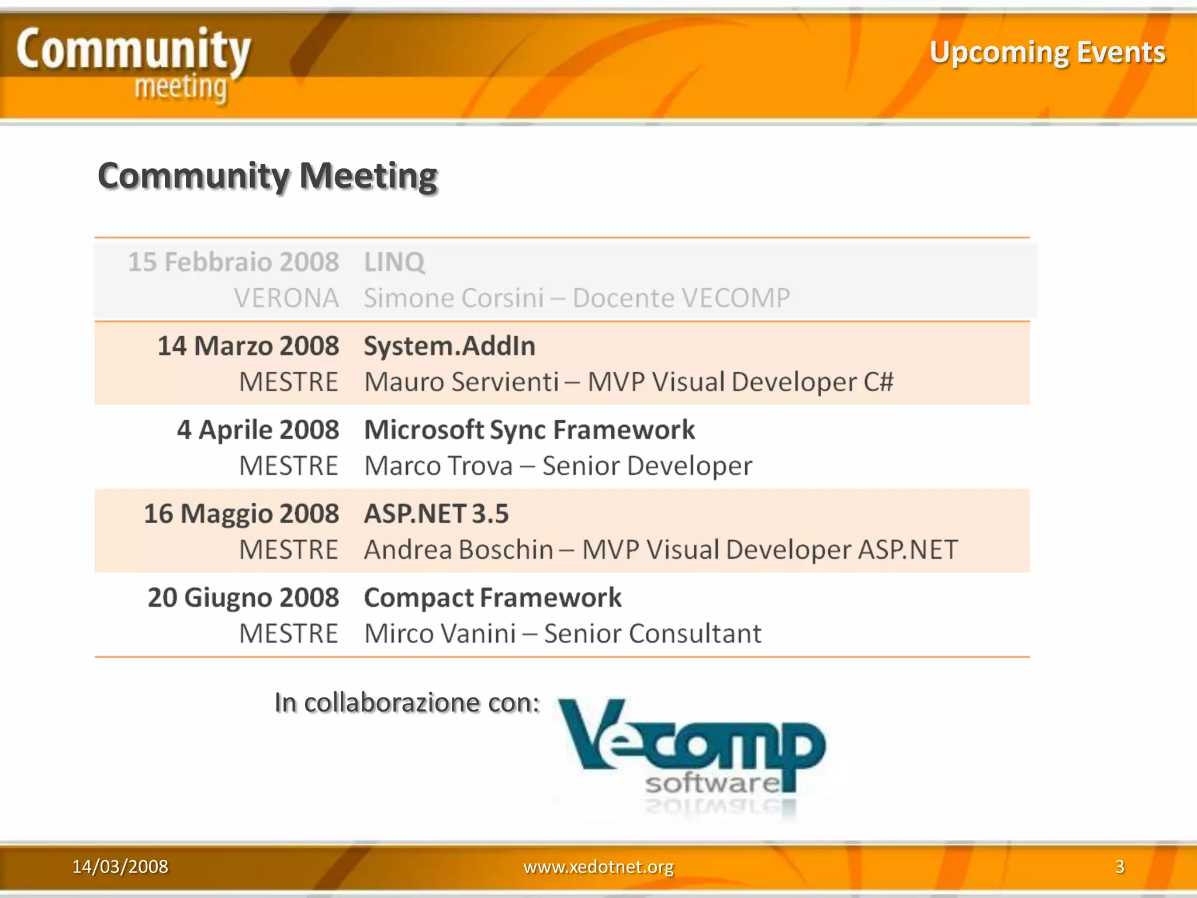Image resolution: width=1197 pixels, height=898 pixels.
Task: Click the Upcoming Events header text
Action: tap(1047, 53)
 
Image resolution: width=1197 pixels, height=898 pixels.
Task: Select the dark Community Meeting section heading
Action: tap(268, 175)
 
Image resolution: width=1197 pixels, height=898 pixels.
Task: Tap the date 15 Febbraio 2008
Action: tap(233, 262)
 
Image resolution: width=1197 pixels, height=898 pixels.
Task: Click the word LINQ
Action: tap(394, 262)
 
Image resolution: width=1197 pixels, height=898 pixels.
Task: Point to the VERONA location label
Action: tap(286, 298)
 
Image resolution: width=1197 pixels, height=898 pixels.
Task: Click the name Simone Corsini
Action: tap(454, 298)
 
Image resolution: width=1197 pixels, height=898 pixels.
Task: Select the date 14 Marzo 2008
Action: tap(248, 346)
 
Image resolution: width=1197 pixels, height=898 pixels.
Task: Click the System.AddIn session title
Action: tap(449, 346)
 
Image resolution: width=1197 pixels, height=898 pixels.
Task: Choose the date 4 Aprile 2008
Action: tap(258, 430)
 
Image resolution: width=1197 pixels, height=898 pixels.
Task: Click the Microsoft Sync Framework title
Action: tap(529, 430)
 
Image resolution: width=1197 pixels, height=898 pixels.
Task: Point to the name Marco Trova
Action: tap(438, 466)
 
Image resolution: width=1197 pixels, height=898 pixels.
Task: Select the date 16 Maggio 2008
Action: tap(241, 513)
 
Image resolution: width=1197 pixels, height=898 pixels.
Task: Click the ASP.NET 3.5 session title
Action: tap(436, 513)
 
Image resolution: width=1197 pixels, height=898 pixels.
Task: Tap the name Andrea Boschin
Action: tap(458, 550)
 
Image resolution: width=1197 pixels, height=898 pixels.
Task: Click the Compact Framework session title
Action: tap(492, 597)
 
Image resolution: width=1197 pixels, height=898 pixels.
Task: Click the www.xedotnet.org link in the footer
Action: tap(598, 866)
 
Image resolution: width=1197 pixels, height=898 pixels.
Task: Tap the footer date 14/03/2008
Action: tap(120, 866)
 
